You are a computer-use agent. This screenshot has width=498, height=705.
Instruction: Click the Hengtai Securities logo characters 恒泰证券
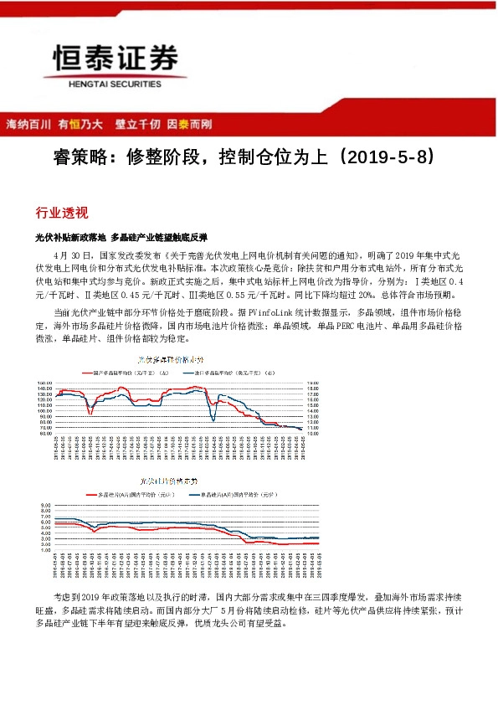point(116,59)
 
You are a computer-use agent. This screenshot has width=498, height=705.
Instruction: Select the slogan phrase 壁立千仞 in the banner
point(138,124)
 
